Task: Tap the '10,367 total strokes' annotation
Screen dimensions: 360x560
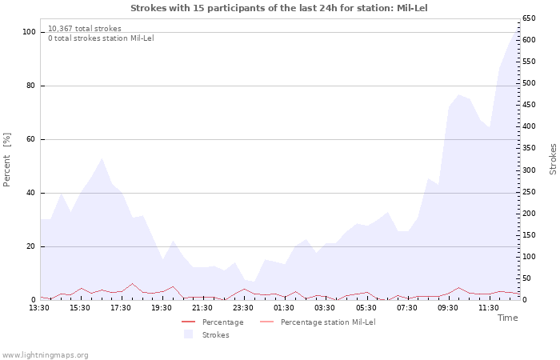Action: point(85,29)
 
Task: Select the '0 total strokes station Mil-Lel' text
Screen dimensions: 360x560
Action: point(101,38)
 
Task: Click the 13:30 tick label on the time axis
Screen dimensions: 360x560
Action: point(40,307)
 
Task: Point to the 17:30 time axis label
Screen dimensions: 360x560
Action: point(122,307)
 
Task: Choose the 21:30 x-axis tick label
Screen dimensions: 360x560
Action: point(203,307)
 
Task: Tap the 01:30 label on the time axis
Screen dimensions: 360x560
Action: point(285,307)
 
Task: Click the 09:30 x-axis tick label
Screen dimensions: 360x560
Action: point(448,307)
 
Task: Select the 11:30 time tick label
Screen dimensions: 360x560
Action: point(489,307)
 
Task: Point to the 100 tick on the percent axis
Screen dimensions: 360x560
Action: point(30,32)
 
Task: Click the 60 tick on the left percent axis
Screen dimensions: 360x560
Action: point(32,139)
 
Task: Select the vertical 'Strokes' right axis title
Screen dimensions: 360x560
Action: point(553,159)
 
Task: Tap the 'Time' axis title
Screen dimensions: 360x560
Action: point(508,318)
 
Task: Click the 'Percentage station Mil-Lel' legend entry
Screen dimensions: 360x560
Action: point(328,322)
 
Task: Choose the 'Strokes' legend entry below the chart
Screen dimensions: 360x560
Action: point(215,334)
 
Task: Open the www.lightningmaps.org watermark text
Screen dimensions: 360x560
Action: point(46,354)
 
